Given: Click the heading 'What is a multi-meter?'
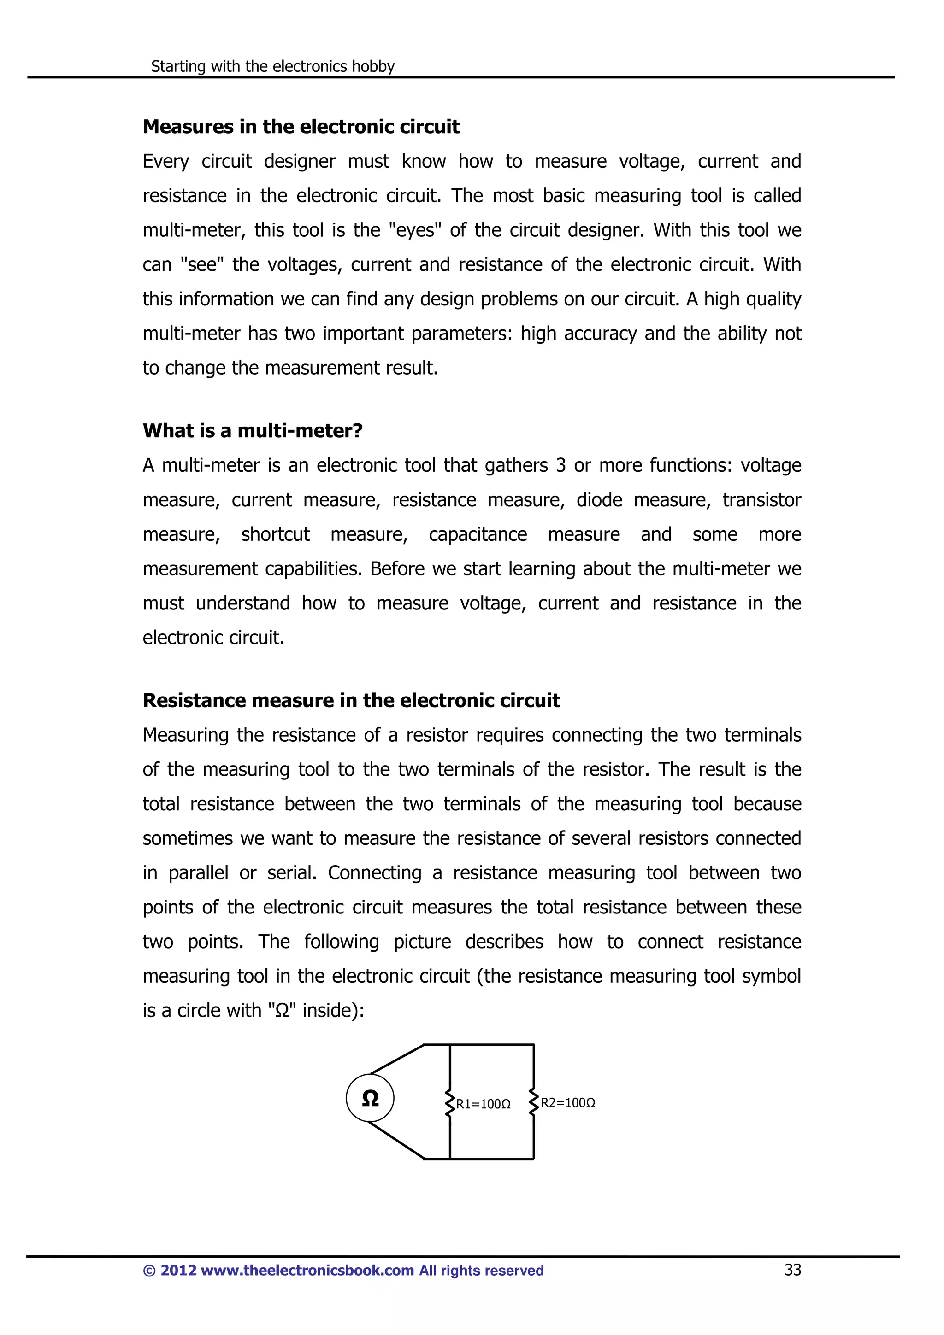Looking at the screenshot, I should (253, 431).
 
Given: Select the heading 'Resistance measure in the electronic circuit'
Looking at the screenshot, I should (351, 701).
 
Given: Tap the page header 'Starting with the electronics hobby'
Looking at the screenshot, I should (272, 66).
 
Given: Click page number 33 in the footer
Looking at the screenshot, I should (792, 1270).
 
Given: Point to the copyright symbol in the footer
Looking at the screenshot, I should (149, 1271).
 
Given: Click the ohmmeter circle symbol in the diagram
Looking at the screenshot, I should (370, 1098).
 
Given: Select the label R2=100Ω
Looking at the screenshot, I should (568, 1103).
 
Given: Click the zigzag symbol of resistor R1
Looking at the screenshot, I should (449, 1103).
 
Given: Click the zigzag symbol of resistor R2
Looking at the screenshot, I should (533, 1102).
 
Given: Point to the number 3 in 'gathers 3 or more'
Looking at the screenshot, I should (560, 466).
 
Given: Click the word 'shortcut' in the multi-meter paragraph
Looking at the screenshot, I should (275, 534).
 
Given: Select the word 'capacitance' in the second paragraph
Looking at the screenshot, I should (478, 534).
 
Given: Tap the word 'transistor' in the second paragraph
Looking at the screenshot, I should (761, 500).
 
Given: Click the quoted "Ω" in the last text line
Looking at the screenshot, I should (282, 1011).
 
